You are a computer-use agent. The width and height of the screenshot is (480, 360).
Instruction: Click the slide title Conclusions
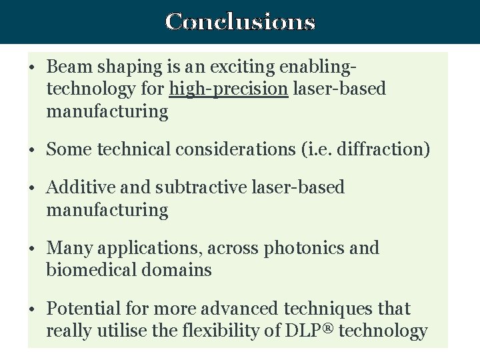pos(240,22)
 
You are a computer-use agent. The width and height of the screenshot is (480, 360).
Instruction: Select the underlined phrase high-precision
pos(229,89)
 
